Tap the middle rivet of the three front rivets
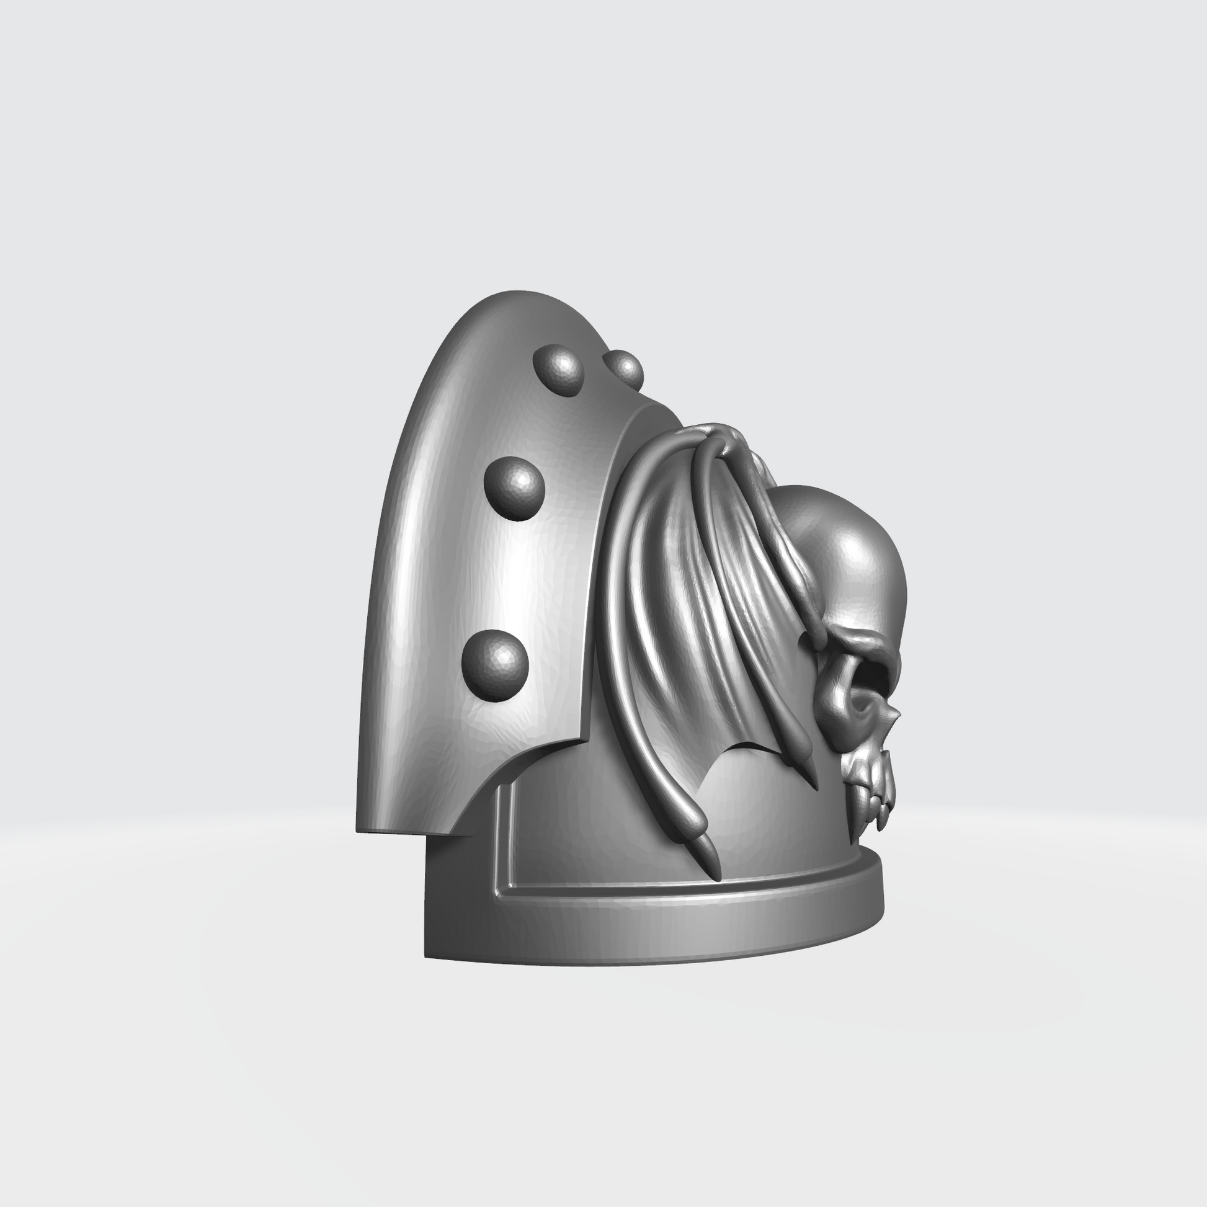click(514, 488)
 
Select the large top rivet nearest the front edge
click(558, 369)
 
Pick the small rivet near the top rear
click(623, 368)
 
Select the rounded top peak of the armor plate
click(512, 293)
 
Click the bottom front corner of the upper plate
click(360, 831)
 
